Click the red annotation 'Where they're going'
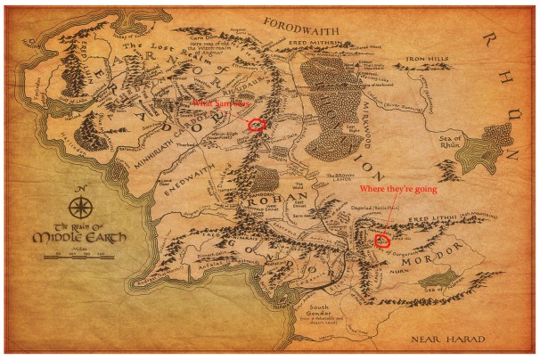392,189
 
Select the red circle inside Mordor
383,239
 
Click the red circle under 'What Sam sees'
257,125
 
